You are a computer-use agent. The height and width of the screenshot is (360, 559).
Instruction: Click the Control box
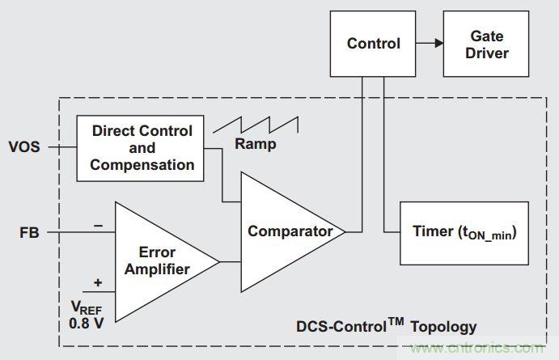[373, 44]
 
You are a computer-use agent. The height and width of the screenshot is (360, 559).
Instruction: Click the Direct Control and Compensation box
[142, 148]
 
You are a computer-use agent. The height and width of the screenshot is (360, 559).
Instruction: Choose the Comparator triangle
[290, 231]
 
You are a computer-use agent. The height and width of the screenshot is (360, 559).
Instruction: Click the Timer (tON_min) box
[464, 233]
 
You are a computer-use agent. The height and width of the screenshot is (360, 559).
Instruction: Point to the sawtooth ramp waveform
[255, 126]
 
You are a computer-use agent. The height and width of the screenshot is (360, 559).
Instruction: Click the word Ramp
[256, 145]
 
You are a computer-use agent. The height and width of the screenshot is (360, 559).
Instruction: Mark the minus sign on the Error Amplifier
[99, 227]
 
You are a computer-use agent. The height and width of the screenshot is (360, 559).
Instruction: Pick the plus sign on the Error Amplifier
[99, 283]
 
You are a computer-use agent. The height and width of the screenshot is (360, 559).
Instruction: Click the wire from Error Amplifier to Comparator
[231, 261]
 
